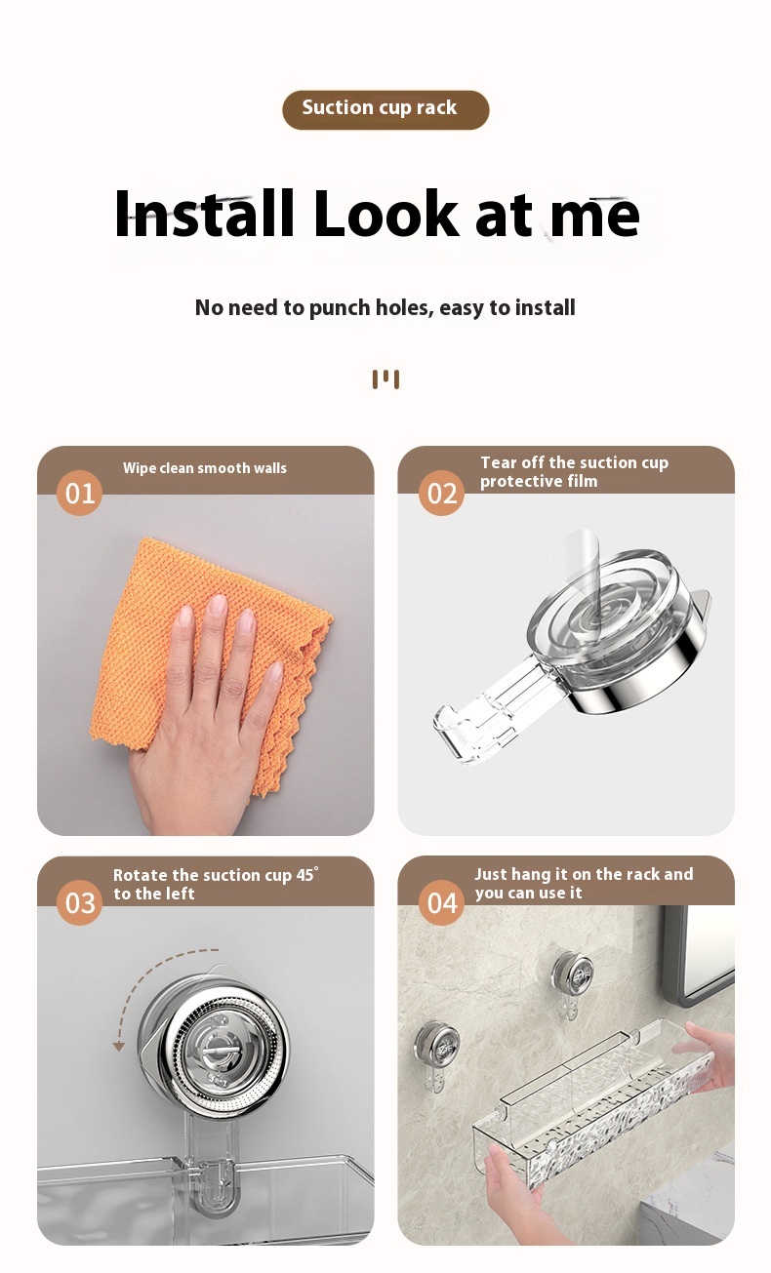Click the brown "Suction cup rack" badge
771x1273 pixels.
[x=385, y=109]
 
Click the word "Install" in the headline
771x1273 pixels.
[x=204, y=213]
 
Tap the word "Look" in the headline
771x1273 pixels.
[x=386, y=213]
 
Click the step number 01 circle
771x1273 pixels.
[x=80, y=493]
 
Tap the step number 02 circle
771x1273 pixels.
[x=442, y=493]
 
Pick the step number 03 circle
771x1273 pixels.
[x=80, y=902]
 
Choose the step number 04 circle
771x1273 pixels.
[x=442, y=902]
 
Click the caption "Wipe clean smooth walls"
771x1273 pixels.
[x=205, y=468]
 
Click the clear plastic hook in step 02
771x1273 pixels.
[x=490, y=710]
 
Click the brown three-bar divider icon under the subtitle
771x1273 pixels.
[x=385, y=379]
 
